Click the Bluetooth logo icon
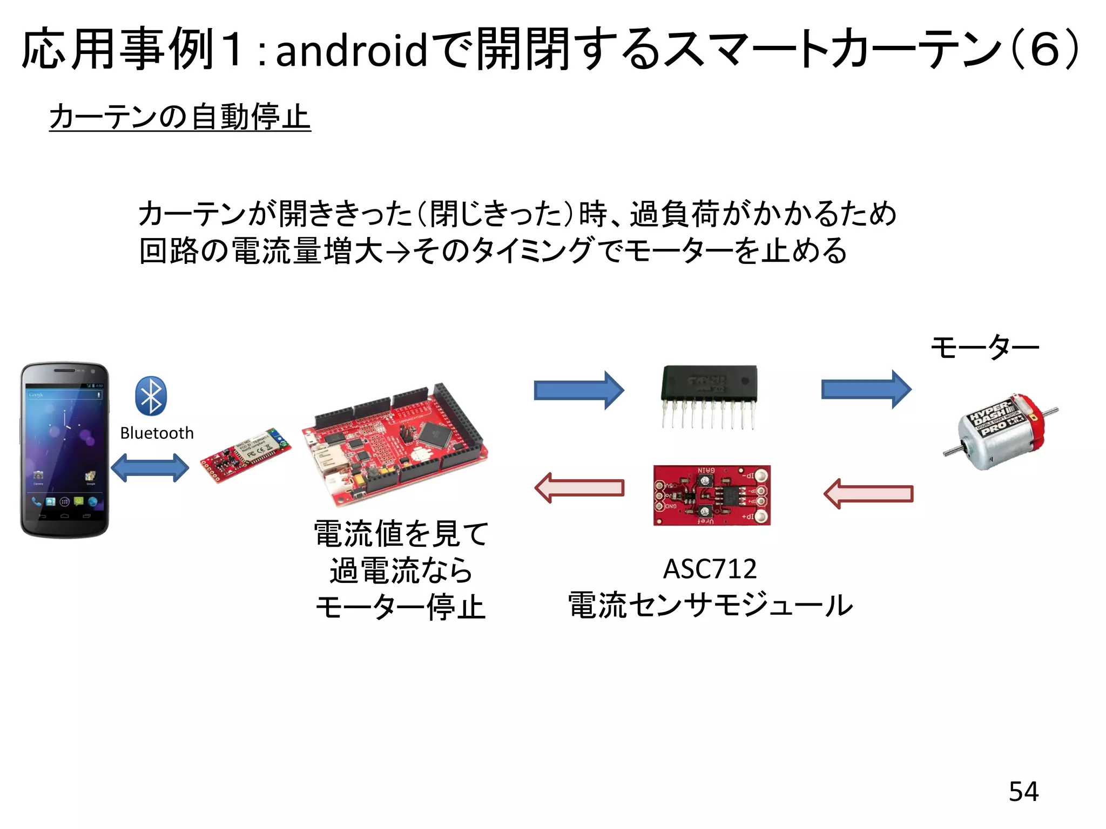pyautogui.click(x=151, y=396)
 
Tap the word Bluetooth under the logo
pyautogui.click(x=157, y=433)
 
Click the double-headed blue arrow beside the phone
pyautogui.click(x=150, y=467)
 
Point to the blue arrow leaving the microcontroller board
pyautogui.click(x=578, y=390)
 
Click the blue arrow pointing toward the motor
pyautogui.click(x=866, y=389)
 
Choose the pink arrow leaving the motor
pyautogui.click(x=868, y=493)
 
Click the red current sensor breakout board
pyautogui.click(x=712, y=495)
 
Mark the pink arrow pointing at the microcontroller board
pyautogui.click(x=579, y=487)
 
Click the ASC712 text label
pyautogui.click(x=710, y=569)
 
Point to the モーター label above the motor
pyautogui.click(x=984, y=347)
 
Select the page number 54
pyautogui.click(x=1023, y=791)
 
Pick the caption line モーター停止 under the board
pyautogui.click(x=401, y=607)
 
